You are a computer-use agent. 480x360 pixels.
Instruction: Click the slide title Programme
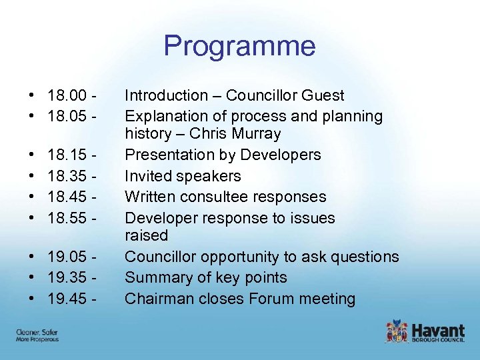[x=239, y=46]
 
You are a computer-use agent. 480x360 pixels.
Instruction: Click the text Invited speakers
[x=183, y=177]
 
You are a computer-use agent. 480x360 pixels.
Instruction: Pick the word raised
[x=146, y=235]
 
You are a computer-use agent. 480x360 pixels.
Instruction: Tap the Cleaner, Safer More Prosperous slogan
[x=37, y=335]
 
